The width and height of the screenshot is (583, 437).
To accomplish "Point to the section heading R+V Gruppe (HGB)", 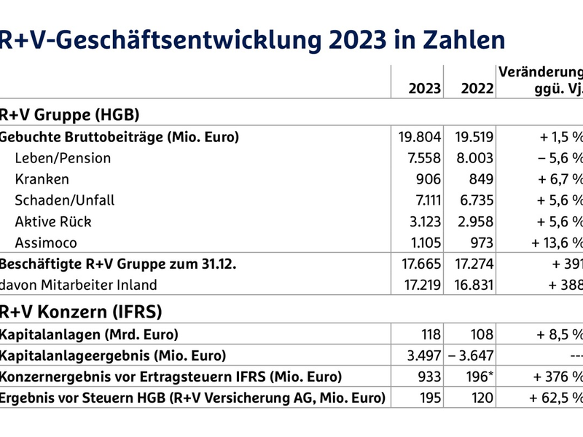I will coord(69,114).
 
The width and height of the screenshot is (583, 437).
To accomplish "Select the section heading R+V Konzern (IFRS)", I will coord(80,312).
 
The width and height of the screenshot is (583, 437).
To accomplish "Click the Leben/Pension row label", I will coord(63,158).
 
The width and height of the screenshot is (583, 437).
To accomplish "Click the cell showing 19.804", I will coord(420,137).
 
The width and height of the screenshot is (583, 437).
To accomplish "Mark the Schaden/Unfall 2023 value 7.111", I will coord(424,200).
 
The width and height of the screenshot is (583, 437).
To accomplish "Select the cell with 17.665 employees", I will coord(420,264).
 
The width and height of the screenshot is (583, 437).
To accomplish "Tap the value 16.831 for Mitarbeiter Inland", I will coord(472,285).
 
